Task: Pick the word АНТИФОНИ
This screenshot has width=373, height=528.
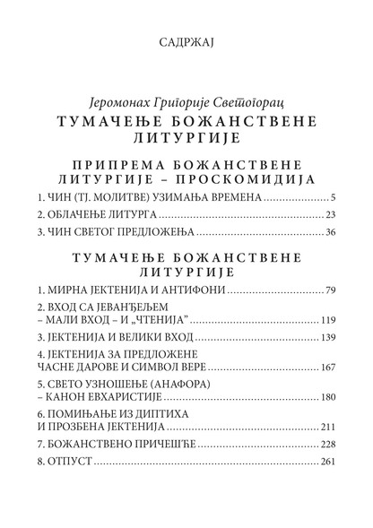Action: pos(196,291)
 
